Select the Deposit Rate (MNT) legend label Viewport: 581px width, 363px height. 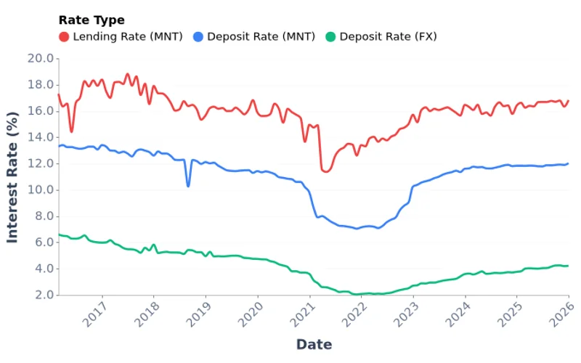[x=253, y=36]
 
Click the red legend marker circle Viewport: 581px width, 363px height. [x=64, y=36]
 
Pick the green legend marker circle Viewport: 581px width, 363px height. [x=330, y=36]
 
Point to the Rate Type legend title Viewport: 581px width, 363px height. [x=92, y=20]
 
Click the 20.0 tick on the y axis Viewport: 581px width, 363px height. [x=41, y=58]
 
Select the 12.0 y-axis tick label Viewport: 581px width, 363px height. [x=41, y=163]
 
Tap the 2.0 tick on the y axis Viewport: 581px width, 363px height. [x=44, y=295]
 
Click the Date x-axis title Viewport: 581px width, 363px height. [x=314, y=344]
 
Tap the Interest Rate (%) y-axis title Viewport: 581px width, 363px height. [x=13, y=176]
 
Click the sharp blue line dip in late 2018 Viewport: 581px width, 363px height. [x=188, y=187]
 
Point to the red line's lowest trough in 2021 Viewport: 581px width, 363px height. [x=325, y=172]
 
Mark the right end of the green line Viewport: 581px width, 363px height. [x=568, y=266]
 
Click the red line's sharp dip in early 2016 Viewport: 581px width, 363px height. [x=71, y=131]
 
